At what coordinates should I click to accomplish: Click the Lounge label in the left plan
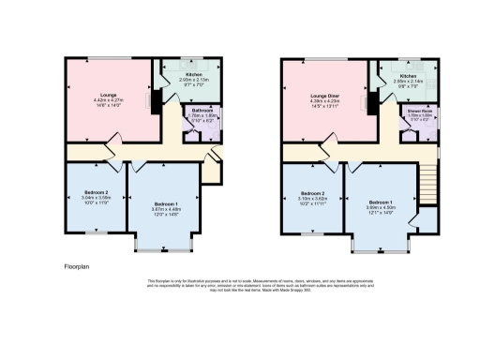pos(109,95)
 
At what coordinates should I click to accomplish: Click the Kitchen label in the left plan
pos(193,73)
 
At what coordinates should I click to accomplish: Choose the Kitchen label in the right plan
pos(409,75)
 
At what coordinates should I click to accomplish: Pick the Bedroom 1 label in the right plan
pos(381,202)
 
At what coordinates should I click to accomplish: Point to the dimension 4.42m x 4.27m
pos(109,100)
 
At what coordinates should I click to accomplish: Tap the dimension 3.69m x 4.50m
pos(381,207)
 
